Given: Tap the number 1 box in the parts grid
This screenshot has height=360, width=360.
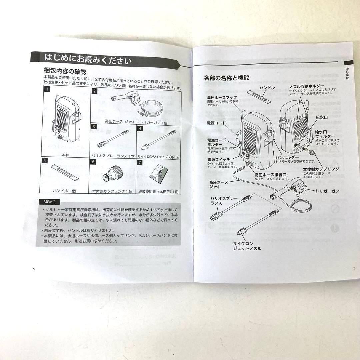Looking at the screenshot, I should tap(48, 89).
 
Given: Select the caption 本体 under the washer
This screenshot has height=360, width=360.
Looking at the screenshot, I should tap(66, 155).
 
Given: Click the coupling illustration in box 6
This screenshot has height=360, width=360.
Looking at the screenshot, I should tap(111, 175).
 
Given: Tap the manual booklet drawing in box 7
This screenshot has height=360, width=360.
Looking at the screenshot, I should tap(158, 174).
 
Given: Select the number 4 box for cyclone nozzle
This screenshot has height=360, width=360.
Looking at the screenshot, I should tap(140, 128).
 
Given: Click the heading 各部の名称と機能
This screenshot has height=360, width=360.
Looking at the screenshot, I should tap(226, 78).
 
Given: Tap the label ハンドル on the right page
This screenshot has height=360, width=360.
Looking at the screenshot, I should tap(267, 88).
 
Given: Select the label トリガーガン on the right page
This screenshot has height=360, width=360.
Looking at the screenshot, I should tap(327, 191).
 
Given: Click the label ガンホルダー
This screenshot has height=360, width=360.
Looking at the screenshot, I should tap(286, 157).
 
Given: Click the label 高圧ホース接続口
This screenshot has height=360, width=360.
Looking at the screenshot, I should tap(270, 174).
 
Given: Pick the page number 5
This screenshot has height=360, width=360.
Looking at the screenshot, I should tap(354, 268).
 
